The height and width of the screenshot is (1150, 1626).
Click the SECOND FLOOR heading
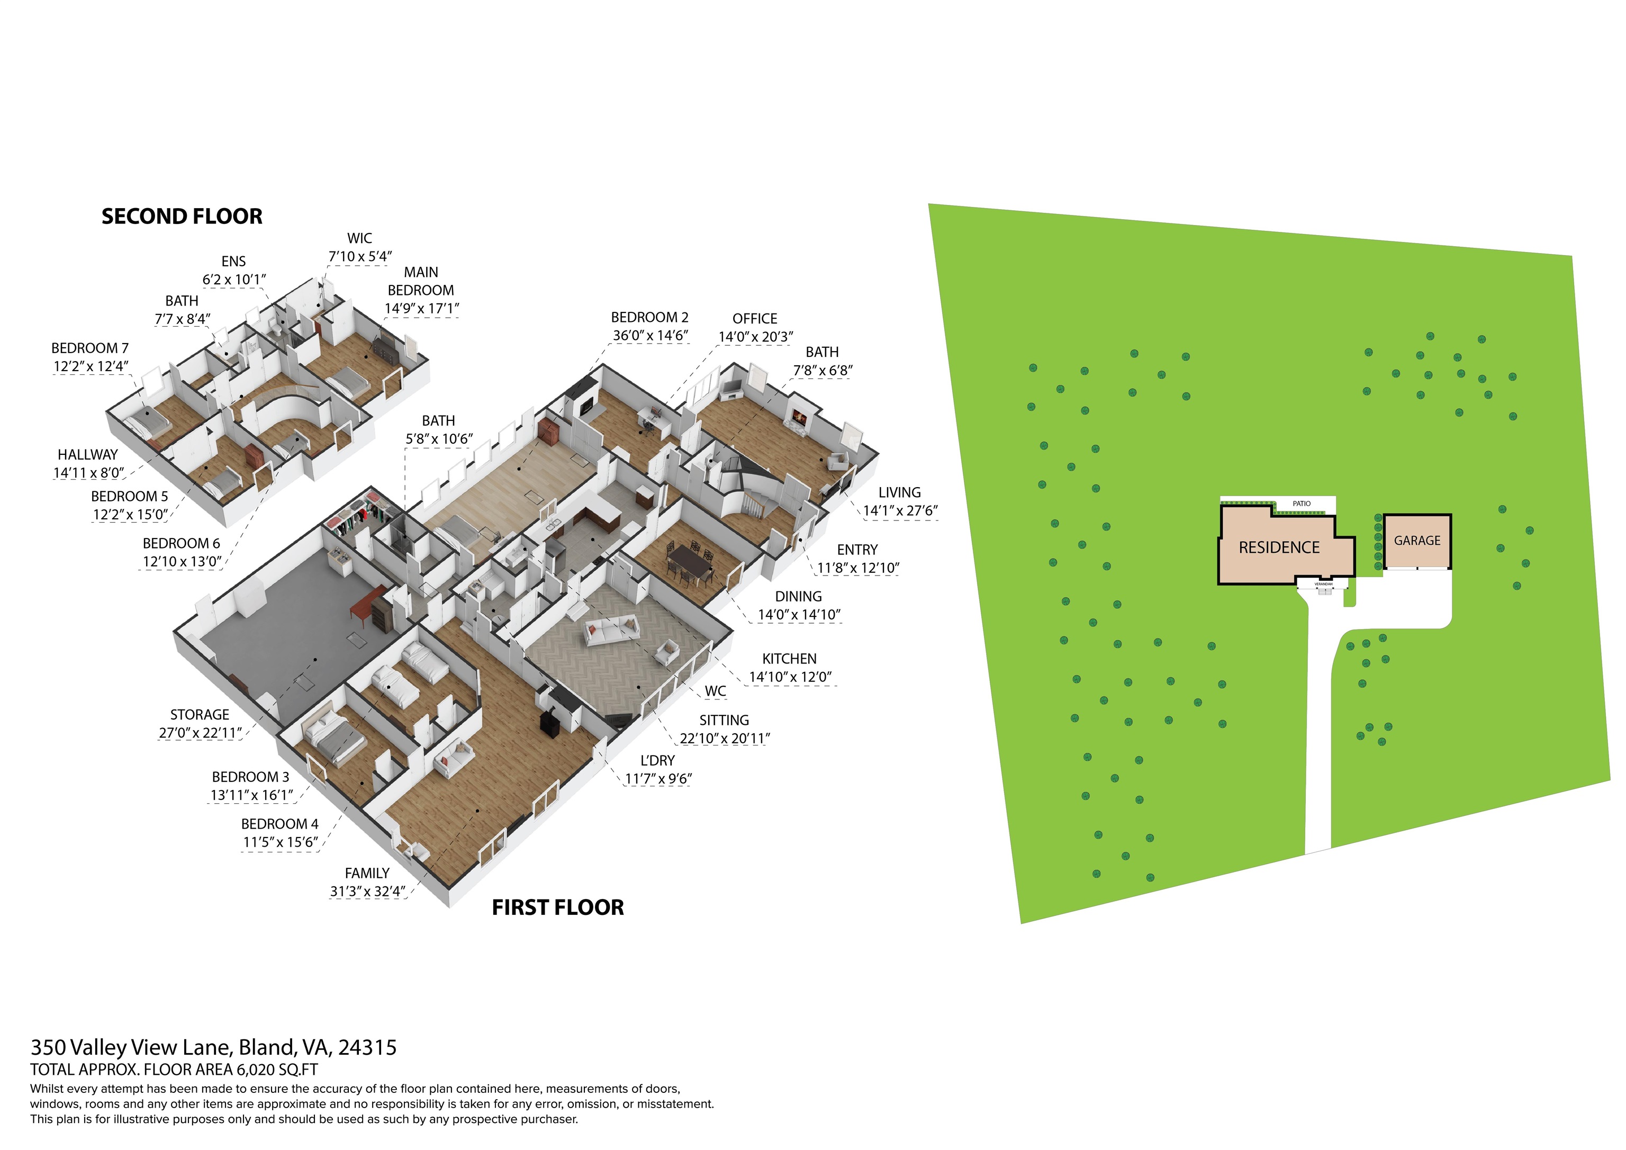click(x=182, y=216)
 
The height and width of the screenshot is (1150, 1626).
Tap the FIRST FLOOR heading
click(x=557, y=908)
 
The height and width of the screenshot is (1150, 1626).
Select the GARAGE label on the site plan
click(x=1416, y=541)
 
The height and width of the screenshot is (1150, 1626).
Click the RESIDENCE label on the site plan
click(x=1278, y=547)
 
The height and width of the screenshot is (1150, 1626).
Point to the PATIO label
click(x=1301, y=504)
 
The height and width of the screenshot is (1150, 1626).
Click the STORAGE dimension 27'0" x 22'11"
click(x=200, y=733)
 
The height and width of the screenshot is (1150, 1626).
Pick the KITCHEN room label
click(x=789, y=659)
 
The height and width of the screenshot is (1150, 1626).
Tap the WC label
click(x=715, y=691)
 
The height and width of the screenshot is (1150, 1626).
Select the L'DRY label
click(x=657, y=760)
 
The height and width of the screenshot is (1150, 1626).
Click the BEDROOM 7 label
click(x=90, y=348)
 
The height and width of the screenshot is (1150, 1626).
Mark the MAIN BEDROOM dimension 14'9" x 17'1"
click(x=421, y=308)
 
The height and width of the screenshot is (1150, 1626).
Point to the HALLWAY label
click(x=88, y=455)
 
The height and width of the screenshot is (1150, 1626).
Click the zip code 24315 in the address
click(x=367, y=1047)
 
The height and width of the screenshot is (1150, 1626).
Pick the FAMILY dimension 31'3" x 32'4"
click(x=367, y=892)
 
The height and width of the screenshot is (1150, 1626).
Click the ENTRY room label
click(x=857, y=550)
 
